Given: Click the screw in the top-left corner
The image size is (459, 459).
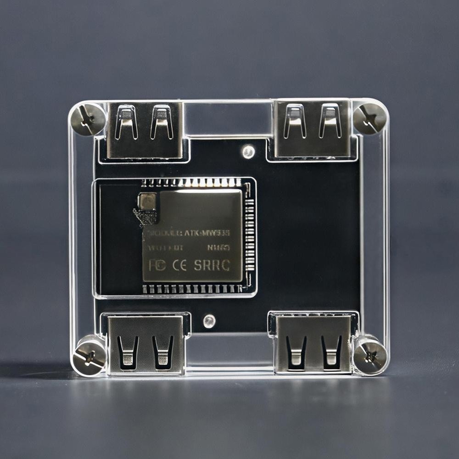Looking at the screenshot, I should click(x=88, y=119).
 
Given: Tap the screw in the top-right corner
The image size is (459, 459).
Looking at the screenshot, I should click(x=370, y=118).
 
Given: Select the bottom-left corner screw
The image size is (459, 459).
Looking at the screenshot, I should click(x=89, y=356).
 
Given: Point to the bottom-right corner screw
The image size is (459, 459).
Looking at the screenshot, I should click(x=370, y=356).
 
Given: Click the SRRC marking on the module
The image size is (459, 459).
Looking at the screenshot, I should click(x=212, y=265).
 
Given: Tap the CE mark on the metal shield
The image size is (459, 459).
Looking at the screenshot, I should click(x=179, y=265).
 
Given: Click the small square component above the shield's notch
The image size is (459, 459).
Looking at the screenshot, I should click(x=147, y=201).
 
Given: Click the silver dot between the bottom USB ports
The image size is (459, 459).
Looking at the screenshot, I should click(x=209, y=321).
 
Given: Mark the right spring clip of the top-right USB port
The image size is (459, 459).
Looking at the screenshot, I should click(x=330, y=121).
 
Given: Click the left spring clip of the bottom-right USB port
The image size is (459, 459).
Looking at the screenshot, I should click(x=296, y=351).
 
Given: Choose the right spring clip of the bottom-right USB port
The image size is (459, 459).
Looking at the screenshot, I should click(x=331, y=351).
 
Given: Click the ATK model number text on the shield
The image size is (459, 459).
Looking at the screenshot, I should click(x=207, y=233).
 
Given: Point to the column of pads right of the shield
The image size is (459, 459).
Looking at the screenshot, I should click(x=249, y=234).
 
